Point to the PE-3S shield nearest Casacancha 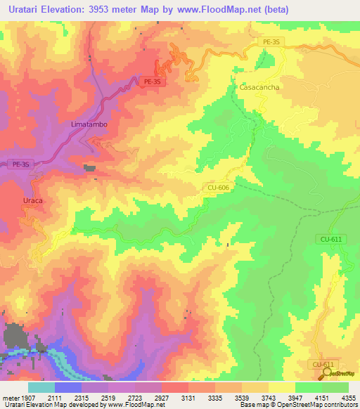pos(271,42)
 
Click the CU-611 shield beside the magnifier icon pos(322,365)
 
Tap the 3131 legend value pos(189,397)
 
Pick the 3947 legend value pos(295,397)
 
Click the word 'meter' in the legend pos(11,397)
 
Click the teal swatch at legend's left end pos(41,387)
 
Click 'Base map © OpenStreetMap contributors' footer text pos(298,405)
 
